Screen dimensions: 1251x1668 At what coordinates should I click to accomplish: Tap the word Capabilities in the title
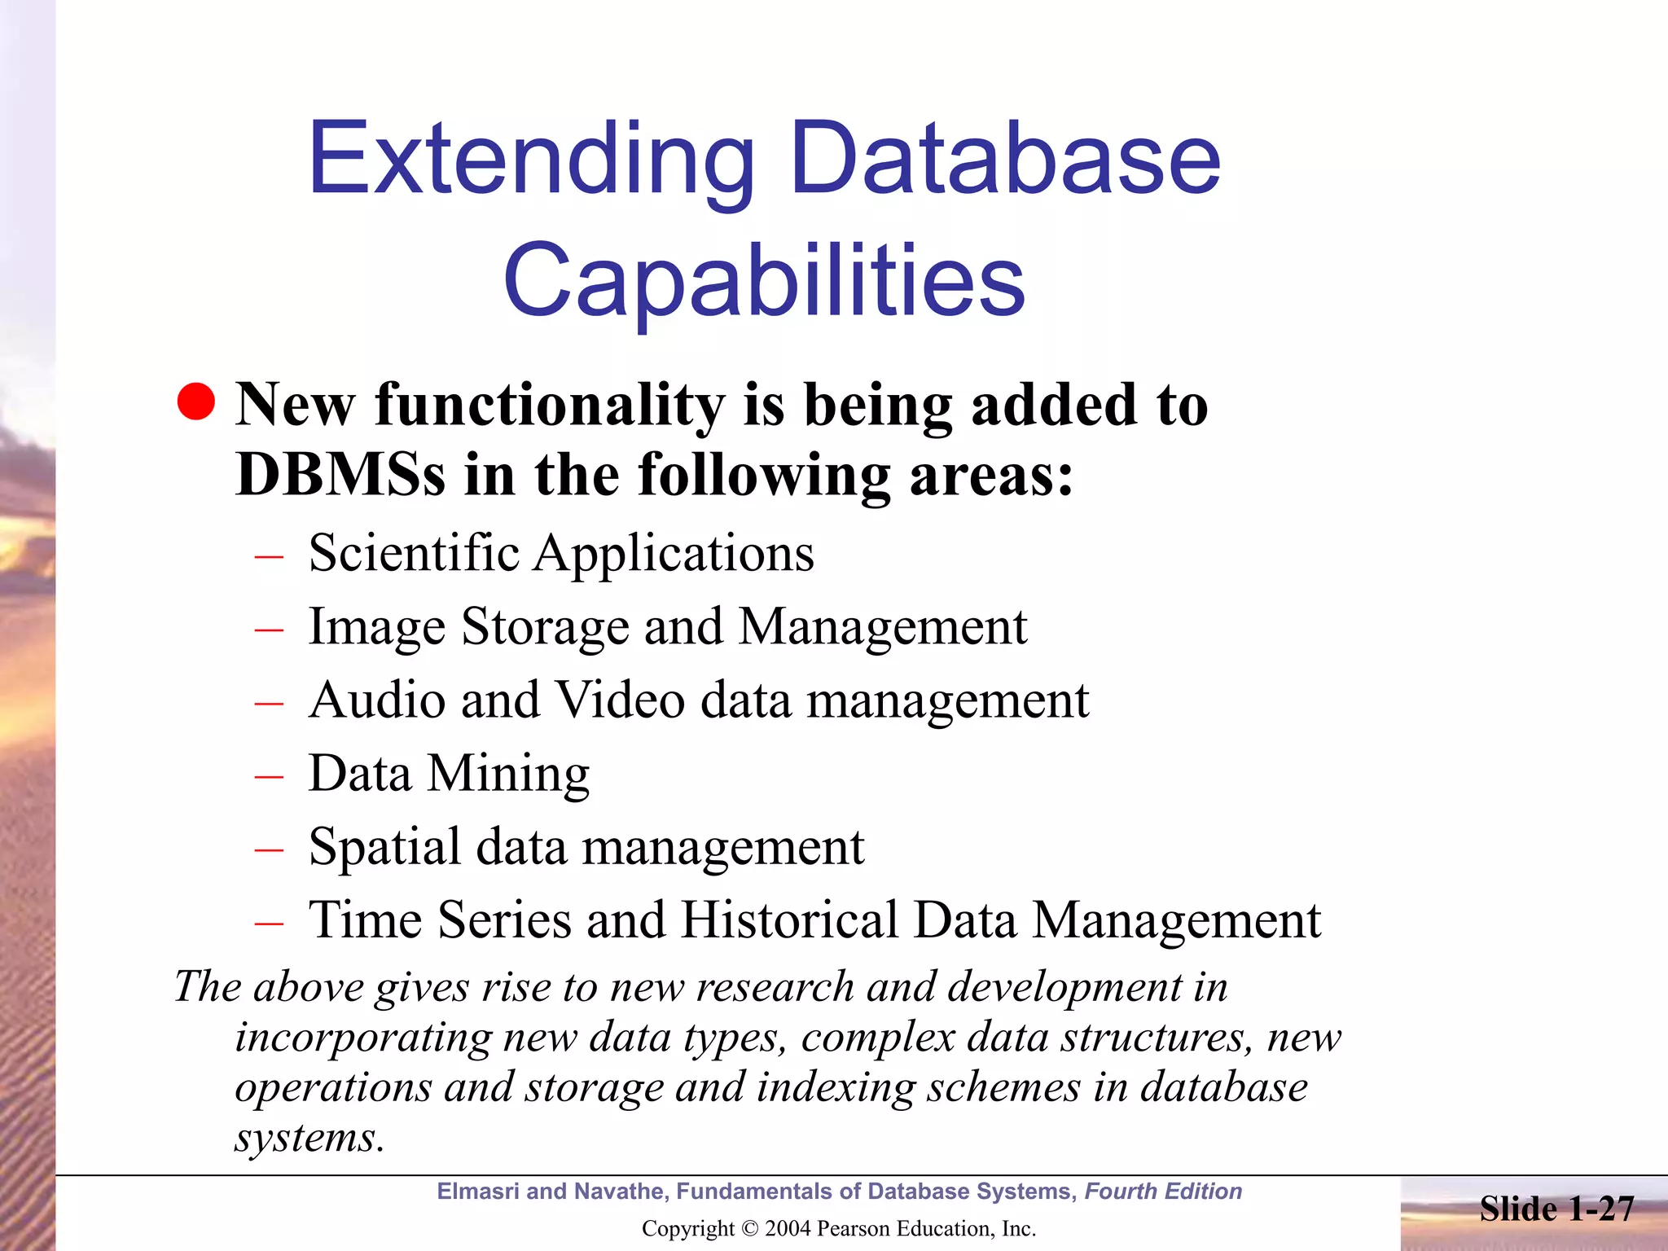tap(764, 281)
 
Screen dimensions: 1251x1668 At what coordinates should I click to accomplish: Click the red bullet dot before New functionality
tap(195, 402)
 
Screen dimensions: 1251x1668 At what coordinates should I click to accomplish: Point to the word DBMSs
tap(340, 475)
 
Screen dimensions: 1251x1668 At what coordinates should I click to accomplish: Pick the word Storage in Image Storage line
tap(545, 627)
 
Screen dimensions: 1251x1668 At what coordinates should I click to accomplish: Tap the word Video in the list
tap(620, 700)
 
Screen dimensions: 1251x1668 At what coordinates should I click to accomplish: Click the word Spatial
tap(384, 847)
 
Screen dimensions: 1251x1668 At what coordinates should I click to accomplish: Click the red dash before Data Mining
tap(268, 776)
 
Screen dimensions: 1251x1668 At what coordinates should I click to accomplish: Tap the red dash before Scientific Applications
tap(268, 557)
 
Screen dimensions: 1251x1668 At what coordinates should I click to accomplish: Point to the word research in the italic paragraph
tap(774, 987)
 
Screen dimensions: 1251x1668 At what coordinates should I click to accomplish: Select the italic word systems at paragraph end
tap(308, 1139)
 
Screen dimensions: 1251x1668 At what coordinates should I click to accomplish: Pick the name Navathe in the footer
tap(618, 1192)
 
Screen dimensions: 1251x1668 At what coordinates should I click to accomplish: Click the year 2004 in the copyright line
tap(787, 1228)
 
